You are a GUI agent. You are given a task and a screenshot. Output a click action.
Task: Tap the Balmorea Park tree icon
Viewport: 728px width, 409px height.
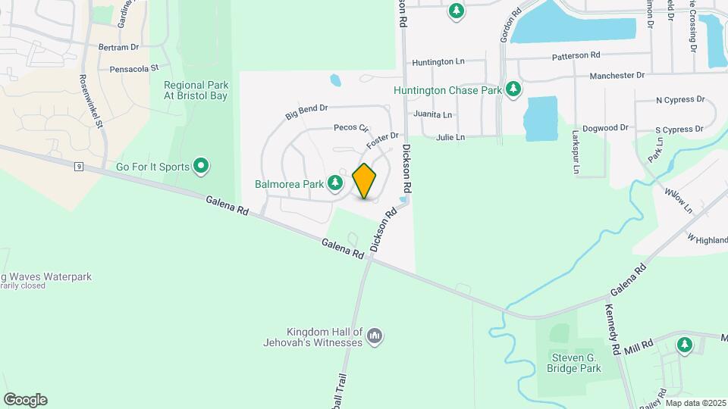coord(334,183)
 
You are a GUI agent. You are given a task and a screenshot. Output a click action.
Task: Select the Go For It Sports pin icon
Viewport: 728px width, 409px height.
coord(201,165)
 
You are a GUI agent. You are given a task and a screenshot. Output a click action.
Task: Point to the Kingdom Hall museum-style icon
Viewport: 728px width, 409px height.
coord(375,336)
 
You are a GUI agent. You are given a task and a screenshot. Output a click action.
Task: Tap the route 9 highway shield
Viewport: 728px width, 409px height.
coord(79,167)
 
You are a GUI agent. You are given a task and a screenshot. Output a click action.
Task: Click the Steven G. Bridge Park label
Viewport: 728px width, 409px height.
coord(574,362)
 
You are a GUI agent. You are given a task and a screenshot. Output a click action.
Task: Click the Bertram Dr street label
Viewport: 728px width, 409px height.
coord(119,47)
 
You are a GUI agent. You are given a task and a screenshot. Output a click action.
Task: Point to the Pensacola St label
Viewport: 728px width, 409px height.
coord(133,67)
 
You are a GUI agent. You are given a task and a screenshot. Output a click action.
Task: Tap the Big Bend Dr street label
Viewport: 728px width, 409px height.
coord(306,113)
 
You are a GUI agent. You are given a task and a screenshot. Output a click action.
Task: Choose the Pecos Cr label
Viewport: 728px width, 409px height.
coord(350,129)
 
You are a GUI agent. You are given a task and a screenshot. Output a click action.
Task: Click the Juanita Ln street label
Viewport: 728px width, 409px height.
coord(432,114)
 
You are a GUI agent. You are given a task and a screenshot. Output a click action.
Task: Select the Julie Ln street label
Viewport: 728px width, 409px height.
coord(450,137)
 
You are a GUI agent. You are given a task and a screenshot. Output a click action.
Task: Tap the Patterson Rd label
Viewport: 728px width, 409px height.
coord(576,55)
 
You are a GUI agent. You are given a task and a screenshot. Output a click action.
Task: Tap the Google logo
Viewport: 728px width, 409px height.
coord(25,399)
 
